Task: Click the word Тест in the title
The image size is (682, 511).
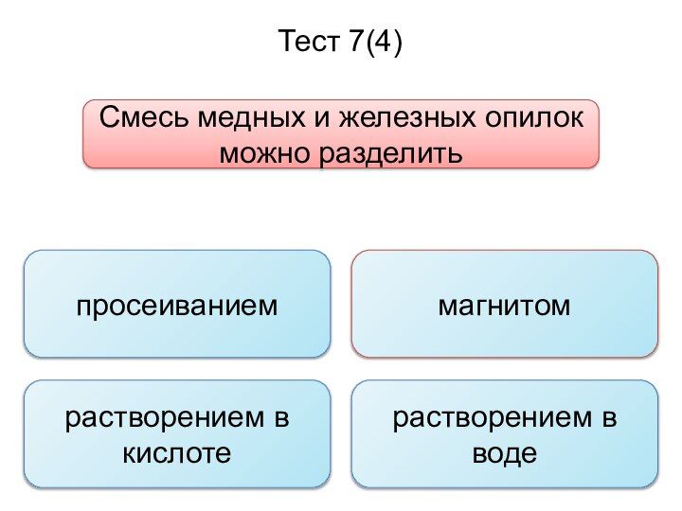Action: (309, 41)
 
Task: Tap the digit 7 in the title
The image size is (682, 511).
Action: (355, 41)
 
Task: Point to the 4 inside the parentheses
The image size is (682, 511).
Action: (381, 41)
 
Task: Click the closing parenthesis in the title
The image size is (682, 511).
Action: (396, 43)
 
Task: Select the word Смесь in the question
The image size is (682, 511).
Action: (144, 117)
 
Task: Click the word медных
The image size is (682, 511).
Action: (251, 117)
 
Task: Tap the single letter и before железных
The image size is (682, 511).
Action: (322, 118)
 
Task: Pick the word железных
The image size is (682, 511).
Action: (407, 117)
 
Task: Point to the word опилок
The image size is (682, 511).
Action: (533, 118)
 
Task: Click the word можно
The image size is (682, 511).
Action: (265, 153)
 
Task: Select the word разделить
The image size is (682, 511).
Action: (390, 154)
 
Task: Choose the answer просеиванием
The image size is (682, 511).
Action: (177, 306)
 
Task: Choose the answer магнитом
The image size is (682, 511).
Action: (504, 306)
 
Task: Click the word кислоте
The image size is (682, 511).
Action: (176, 453)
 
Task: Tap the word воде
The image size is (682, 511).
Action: (505, 453)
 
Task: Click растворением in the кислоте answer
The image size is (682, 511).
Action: (165, 418)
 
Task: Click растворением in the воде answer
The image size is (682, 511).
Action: (493, 418)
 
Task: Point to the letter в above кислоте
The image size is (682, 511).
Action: (282, 418)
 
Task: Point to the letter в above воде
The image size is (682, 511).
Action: (609, 418)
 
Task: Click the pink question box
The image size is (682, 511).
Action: (341, 133)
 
